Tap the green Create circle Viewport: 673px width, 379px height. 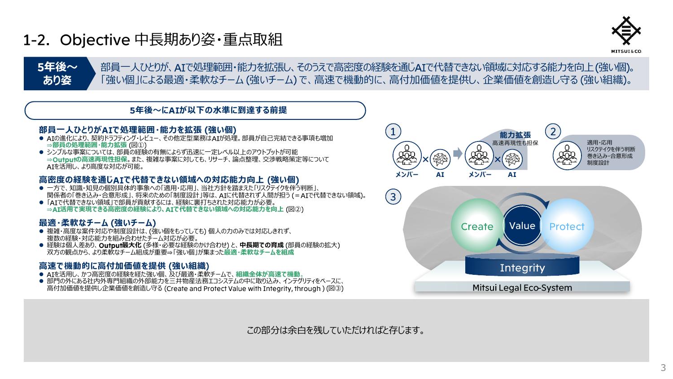477,225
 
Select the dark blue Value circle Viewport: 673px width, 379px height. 522,225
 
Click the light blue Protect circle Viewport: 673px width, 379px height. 567,225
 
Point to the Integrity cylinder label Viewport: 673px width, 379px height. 522,268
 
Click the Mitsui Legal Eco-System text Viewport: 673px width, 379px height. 522,287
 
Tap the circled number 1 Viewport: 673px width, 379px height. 393,132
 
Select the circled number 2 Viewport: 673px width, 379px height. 553,132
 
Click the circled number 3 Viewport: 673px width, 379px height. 393,197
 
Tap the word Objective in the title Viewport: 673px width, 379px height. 95,40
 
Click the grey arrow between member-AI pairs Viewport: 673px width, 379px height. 458,153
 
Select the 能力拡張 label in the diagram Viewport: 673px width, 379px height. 515,135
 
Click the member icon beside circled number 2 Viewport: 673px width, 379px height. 567,155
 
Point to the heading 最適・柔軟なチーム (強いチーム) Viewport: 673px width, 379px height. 97,223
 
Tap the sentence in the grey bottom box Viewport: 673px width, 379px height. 336,330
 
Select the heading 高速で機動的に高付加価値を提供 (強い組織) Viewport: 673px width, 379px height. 124,266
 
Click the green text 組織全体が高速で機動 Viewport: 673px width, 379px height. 268,274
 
